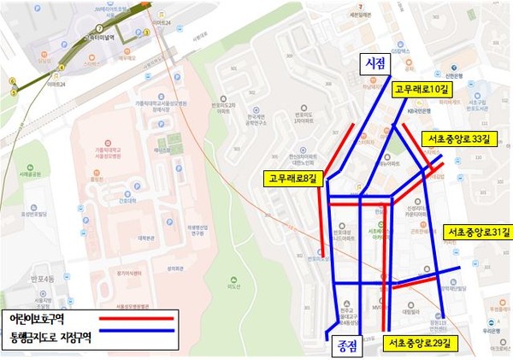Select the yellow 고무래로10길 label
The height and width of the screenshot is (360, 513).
point(424,88)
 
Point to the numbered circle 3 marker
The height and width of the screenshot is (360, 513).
point(146,32)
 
